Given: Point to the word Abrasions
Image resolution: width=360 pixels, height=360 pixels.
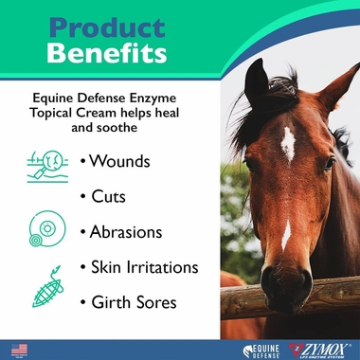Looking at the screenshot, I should pyautogui.click(x=130, y=232).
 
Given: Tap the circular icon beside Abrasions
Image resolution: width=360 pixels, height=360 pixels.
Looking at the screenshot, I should pyautogui.click(x=44, y=228).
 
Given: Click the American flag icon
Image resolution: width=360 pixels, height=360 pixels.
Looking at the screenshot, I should pyautogui.click(x=19, y=349).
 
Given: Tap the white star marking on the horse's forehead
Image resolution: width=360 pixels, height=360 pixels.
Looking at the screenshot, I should pyautogui.click(x=288, y=144).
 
